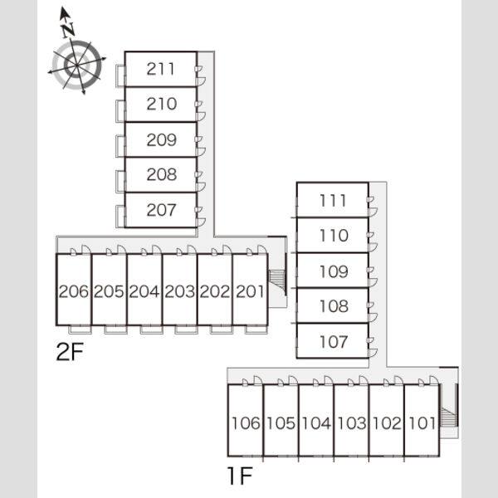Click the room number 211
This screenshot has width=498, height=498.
pos(161,69)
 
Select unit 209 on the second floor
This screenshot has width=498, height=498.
pos(161,139)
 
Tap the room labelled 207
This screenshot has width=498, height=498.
pos(161,210)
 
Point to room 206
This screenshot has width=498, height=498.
pos(74,291)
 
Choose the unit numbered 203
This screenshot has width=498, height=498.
pos(180,291)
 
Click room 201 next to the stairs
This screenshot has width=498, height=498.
pos(251,291)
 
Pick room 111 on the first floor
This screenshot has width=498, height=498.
pos(333,200)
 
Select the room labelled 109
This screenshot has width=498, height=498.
pos(334,271)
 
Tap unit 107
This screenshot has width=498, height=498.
pos(334,341)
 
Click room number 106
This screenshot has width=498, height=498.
pos(246,423)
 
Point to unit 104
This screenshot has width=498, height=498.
pos(316,423)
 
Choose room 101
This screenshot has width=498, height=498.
pos(422,423)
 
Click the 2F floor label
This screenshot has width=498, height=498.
pos(70,352)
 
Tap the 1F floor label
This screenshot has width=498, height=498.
pos(240,476)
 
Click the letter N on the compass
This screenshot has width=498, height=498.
pos(68,30)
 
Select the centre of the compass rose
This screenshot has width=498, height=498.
pos(77,66)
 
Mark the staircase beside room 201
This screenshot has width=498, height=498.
pos(277,281)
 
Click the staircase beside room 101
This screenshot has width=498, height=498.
pos(448,417)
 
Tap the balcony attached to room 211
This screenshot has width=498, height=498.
pos(120,75)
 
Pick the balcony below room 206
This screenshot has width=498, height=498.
pos(80,330)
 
